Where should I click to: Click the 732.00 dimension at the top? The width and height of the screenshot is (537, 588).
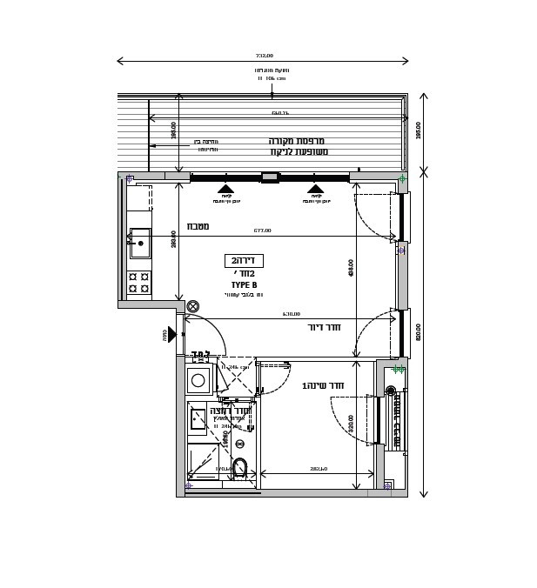tap(264, 56)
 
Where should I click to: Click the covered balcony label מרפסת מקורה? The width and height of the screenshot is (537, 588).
tap(297, 141)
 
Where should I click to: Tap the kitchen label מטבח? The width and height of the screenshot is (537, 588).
tap(198, 226)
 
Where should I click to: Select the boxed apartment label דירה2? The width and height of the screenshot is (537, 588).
tap(244, 260)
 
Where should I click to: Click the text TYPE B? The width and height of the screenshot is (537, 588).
tap(244, 285)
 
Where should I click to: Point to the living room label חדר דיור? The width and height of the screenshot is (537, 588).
tap(324, 327)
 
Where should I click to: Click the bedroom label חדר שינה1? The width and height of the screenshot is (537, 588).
tap(323, 385)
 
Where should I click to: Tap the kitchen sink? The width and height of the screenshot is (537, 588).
tap(140, 243)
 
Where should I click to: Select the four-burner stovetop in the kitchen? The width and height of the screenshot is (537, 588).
tap(138, 282)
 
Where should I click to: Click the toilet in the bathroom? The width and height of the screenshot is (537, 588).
tap(239, 468)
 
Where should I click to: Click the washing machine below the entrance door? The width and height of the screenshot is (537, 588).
tap(198, 380)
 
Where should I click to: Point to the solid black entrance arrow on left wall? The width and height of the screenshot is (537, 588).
tap(171, 334)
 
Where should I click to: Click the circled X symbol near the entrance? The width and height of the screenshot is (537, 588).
tap(193, 306)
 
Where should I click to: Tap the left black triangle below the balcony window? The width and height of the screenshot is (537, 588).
tap(225, 188)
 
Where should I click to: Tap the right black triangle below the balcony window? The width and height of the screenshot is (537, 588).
tap(315, 188)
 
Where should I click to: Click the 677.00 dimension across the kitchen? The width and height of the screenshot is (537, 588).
tap(262, 231)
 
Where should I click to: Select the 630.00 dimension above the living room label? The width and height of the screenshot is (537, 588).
tap(291, 314)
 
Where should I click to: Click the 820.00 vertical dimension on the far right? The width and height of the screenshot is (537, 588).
tap(419, 331)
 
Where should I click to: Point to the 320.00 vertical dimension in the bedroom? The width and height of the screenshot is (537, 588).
tap(352, 424)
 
